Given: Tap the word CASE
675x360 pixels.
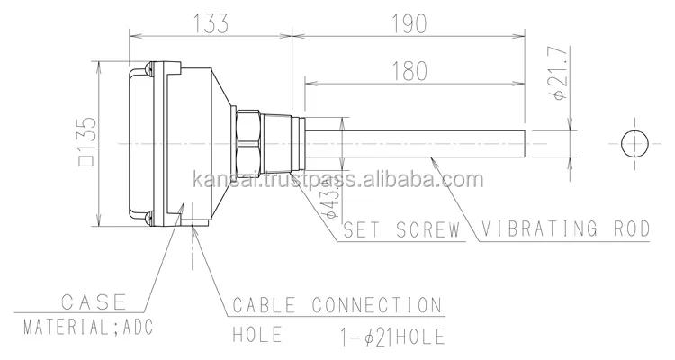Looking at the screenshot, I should (x=93, y=301).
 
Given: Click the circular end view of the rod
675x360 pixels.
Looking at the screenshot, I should (x=635, y=142).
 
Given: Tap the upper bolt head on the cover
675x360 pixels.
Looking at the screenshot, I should (x=147, y=69).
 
